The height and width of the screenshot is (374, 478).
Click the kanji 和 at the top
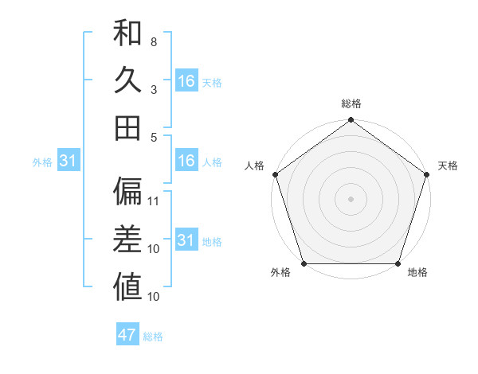127,33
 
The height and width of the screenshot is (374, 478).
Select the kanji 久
127,80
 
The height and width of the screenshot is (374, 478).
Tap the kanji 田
127,127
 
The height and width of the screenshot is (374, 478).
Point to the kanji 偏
127,190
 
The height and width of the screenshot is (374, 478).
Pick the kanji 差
127,239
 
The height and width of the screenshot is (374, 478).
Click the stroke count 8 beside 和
154,41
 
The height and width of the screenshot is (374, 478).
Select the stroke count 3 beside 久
154,89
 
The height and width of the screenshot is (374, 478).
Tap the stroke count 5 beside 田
154,137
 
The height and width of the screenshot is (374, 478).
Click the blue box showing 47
127,335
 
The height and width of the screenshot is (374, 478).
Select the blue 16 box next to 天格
186,80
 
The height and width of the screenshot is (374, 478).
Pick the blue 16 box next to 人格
186,161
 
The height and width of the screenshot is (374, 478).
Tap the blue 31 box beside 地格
186,240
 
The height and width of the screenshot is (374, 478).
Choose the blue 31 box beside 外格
69,162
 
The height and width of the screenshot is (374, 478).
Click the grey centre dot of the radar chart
351,199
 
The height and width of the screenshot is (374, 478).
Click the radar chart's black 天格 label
448,166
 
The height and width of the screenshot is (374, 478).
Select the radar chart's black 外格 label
280,273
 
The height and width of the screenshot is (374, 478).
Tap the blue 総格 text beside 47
153,337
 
